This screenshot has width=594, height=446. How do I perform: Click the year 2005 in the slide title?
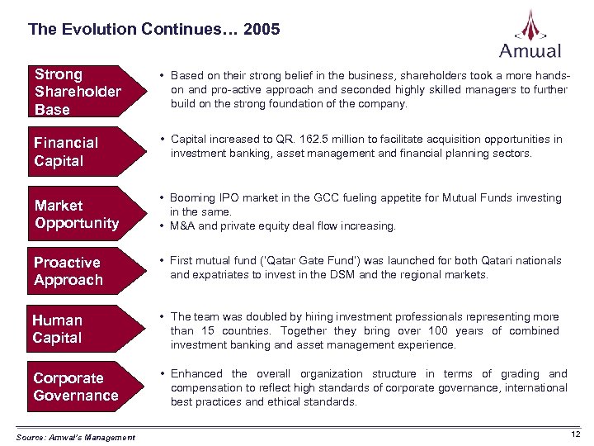[x=262, y=30]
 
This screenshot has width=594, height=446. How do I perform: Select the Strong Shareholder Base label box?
[x=78, y=92]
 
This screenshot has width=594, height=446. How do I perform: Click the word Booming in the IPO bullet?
[x=193, y=198]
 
